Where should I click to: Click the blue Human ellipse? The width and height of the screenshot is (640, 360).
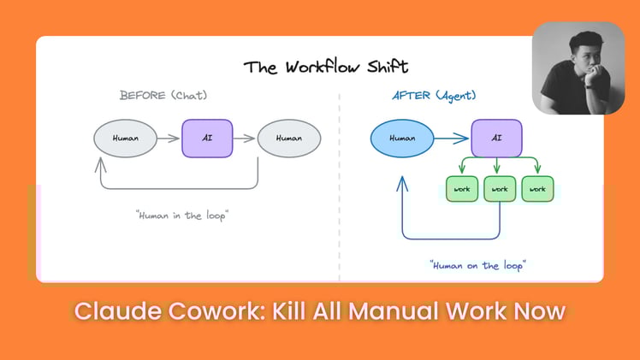tap(401, 137)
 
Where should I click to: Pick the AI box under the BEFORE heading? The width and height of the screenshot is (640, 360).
tap(207, 138)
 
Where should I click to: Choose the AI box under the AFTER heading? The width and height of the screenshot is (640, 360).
tap(497, 138)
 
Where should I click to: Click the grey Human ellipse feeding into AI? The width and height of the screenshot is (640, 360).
tap(125, 138)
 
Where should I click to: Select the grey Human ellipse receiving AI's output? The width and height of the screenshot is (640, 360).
tap(288, 138)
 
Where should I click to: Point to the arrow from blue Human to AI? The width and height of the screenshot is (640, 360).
tap(452, 137)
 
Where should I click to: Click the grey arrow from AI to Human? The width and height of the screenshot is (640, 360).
tap(245, 138)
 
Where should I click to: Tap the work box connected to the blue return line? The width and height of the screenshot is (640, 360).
tap(500, 189)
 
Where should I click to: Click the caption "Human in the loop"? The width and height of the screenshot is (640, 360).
tap(182, 215)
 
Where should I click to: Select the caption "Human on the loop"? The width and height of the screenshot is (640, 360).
tap(477, 265)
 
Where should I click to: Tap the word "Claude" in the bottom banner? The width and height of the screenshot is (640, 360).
tap(113, 310)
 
